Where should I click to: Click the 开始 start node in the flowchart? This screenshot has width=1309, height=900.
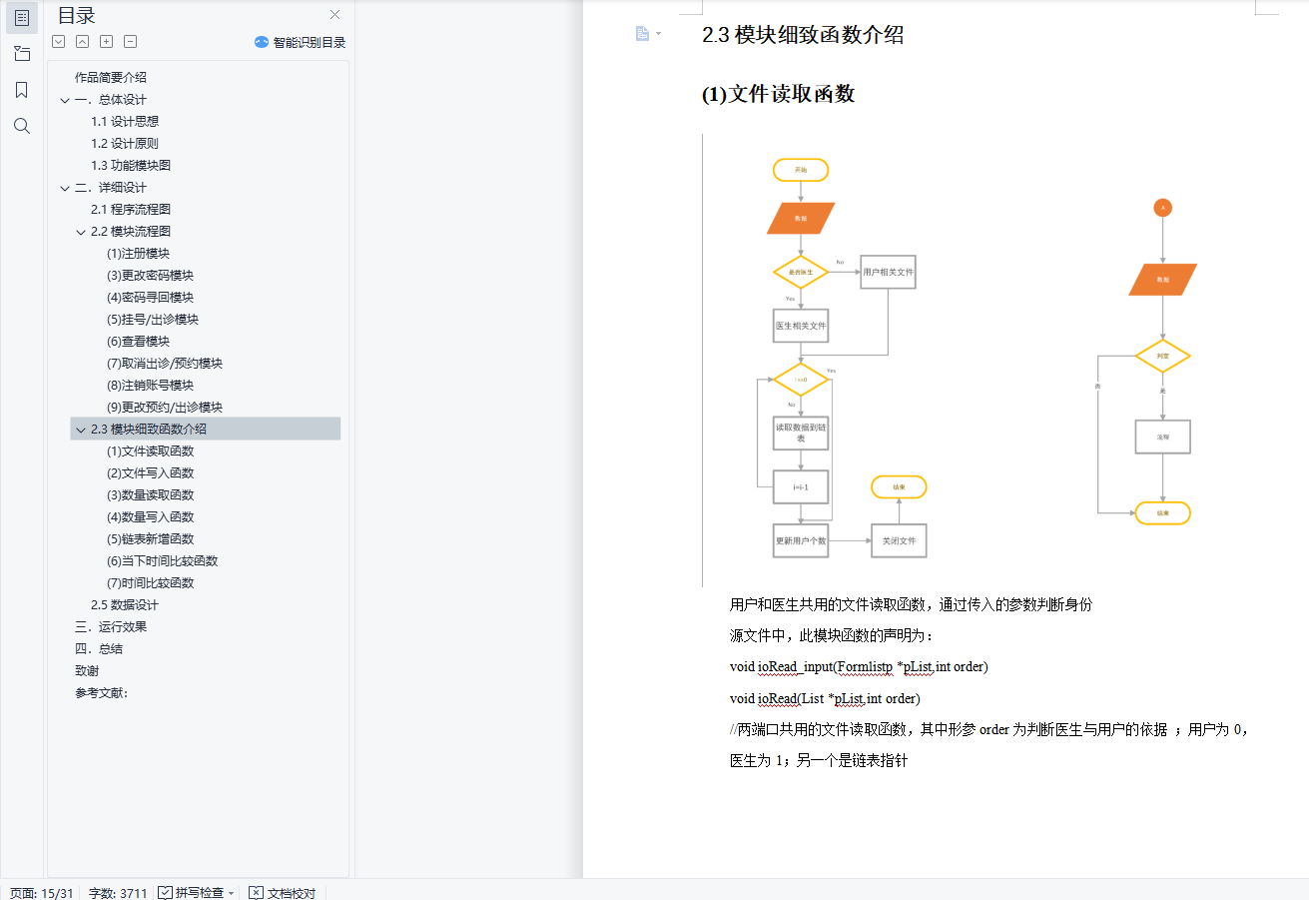(801, 170)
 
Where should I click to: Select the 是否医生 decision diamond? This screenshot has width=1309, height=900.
(801, 272)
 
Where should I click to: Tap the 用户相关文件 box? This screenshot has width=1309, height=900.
(888, 272)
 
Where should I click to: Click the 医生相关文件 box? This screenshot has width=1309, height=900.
(801, 326)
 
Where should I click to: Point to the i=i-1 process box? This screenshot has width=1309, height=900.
(801, 486)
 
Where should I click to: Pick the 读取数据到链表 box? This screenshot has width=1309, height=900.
(801, 433)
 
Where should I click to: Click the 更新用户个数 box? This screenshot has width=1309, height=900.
(801, 540)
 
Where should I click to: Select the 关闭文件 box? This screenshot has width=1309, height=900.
(899, 540)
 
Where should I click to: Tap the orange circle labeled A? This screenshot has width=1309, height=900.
(1162, 208)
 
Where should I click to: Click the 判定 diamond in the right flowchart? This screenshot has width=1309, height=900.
(1162, 356)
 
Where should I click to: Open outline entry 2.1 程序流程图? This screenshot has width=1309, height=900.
(131, 210)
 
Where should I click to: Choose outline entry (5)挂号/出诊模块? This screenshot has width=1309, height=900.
(153, 320)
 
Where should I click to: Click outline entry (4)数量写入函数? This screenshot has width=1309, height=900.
(151, 517)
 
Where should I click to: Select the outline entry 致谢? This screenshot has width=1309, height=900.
(87, 671)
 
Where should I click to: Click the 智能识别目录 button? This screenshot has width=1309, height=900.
(301, 42)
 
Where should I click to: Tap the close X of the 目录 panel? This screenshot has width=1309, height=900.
(334, 15)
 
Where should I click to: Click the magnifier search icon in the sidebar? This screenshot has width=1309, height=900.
(22, 126)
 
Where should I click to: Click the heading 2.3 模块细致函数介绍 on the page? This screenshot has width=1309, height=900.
(803, 35)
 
